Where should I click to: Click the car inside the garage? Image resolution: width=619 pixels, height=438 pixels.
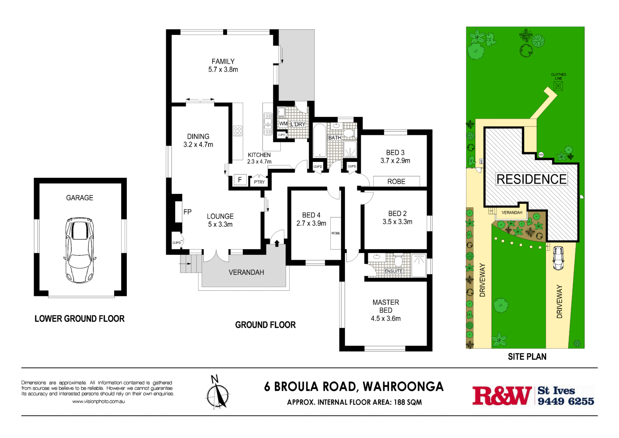[80, 250]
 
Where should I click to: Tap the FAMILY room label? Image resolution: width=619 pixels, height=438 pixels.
[223, 61]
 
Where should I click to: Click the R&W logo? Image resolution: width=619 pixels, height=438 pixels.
[502, 396]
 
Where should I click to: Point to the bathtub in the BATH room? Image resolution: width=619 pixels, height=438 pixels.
[319, 140]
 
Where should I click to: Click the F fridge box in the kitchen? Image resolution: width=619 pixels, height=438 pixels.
[240, 180]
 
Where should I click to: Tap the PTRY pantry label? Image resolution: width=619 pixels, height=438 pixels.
[259, 182]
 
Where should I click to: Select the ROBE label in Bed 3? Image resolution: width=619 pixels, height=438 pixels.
[396, 181]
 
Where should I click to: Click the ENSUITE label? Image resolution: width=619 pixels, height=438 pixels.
[393, 271]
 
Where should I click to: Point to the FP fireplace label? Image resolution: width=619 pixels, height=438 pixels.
[187, 212]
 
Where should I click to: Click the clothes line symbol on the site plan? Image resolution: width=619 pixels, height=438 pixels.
[558, 86]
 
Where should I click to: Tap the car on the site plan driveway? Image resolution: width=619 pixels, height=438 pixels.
[558, 257]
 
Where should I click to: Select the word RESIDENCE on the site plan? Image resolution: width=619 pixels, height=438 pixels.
[531, 179]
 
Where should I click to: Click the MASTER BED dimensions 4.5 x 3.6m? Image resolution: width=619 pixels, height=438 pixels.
[386, 319]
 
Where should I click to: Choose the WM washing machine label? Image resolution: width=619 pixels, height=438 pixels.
[283, 123]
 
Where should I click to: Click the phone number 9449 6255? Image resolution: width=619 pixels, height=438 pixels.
[566, 401]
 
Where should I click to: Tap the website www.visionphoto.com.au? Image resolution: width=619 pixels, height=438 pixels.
[98, 401]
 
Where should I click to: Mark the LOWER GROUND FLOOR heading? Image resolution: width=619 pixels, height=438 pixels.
[80, 319]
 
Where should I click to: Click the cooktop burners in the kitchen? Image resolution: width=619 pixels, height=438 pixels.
[237, 131]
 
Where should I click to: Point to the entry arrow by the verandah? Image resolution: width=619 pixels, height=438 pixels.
[277, 243]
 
